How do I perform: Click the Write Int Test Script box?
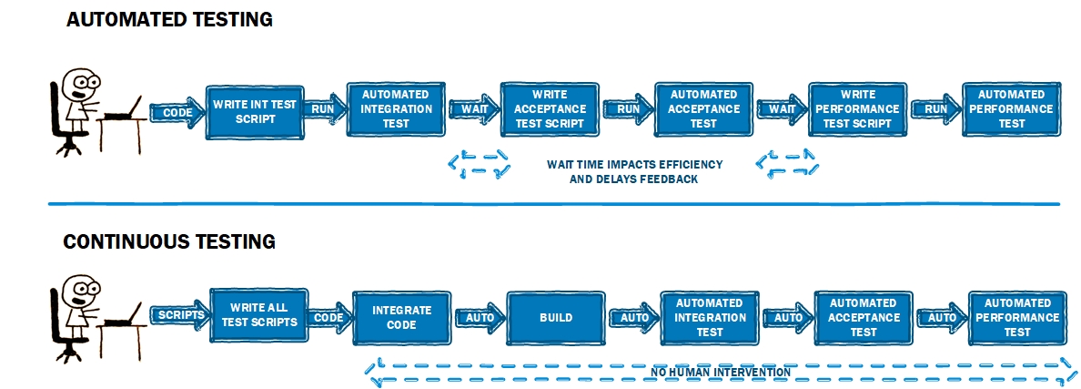255,111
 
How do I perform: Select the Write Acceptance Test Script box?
549,109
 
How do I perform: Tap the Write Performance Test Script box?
857,109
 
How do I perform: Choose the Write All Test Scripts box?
260,315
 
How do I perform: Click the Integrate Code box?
401,317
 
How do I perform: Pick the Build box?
556,318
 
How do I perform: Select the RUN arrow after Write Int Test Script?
323,109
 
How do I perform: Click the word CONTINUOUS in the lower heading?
116,242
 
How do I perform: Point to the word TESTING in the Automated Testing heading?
227,18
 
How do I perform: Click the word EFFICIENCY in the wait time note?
691,165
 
